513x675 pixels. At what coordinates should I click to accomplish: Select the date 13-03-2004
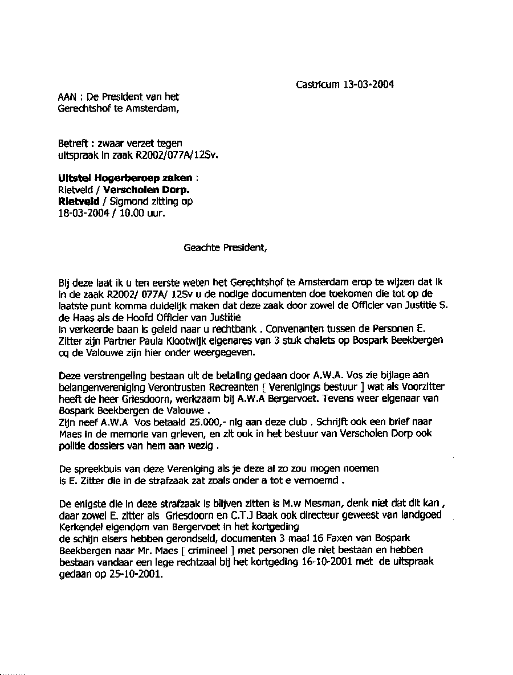pos(368,85)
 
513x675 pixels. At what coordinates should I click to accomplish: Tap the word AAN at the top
pos(67,97)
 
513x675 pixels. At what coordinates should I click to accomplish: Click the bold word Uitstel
pos(72,178)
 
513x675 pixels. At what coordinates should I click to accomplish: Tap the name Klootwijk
pos(174,340)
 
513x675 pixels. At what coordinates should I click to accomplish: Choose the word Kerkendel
pos(80,527)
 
